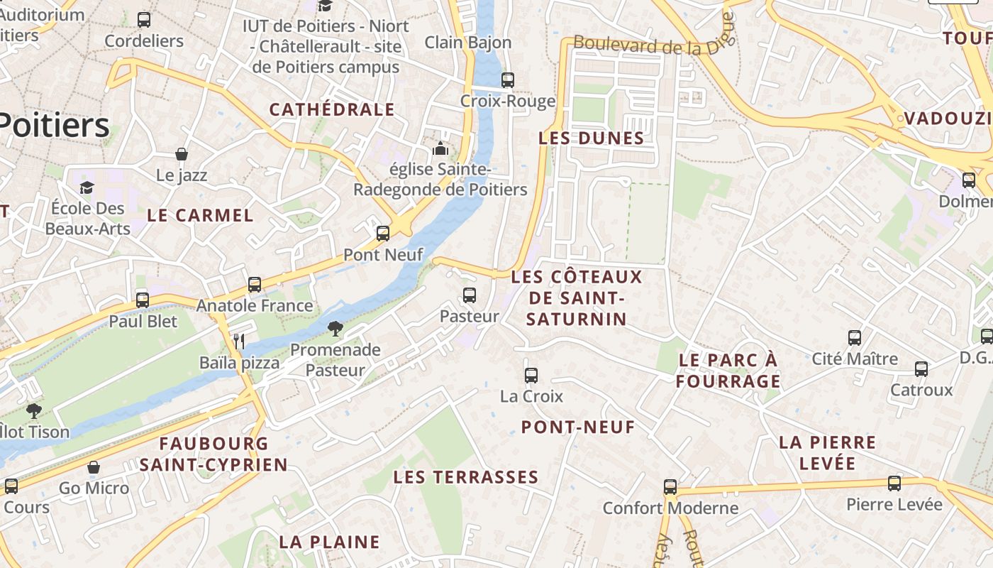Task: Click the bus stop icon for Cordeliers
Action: pyautogui.click(x=144, y=20)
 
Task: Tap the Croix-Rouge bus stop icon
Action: pyautogui.click(x=508, y=80)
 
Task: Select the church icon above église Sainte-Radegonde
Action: pyautogui.click(x=440, y=149)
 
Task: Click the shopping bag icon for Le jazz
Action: pyautogui.click(x=182, y=154)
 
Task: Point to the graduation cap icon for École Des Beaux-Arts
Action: pyautogui.click(x=87, y=187)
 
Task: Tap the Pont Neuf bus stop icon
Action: pyautogui.click(x=383, y=234)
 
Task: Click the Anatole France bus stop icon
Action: pyautogui.click(x=255, y=285)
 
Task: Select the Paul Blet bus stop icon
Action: pyautogui.click(x=143, y=300)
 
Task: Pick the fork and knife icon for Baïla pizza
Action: pyautogui.click(x=239, y=342)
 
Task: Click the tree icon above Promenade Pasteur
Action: pyautogui.click(x=335, y=329)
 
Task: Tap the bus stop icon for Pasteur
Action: pyautogui.click(x=470, y=295)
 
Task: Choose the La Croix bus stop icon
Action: pyautogui.click(x=531, y=376)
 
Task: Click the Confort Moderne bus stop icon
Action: pyautogui.click(x=670, y=487)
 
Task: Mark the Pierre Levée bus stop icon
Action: pyautogui.click(x=894, y=484)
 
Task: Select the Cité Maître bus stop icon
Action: pyautogui.click(x=855, y=338)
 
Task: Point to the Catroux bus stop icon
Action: pyautogui.click(x=921, y=369)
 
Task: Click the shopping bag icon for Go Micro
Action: pyautogui.click(x=94, y=467)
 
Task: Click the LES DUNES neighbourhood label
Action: pyautogui.click(x=592, y=138)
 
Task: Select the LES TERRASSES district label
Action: pyautogui.click(x=466, y=476)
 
